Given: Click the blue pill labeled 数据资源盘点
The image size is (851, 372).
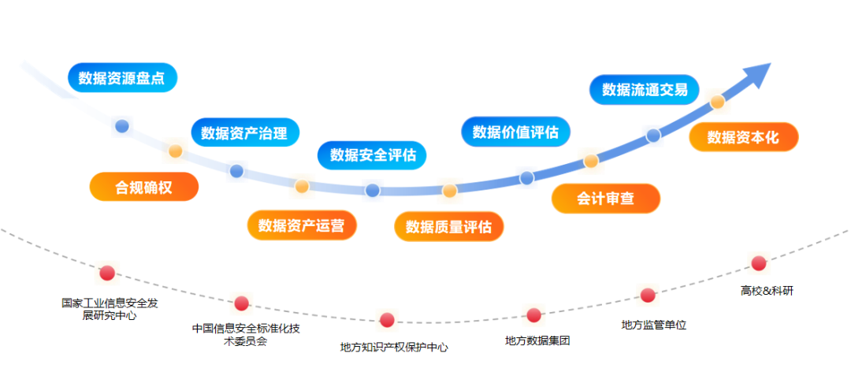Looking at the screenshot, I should (x=122, y=78).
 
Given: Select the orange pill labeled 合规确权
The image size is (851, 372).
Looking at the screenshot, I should (x=143, y=187).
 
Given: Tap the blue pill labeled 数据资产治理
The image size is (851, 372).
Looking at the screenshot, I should (x=244, y=132).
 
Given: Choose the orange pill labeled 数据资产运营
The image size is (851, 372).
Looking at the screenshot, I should (x=301, y=226).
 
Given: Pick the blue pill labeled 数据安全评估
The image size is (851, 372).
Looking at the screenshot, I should (x=372, y=154).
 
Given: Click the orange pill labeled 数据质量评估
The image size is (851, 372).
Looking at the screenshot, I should (x=448, y=227).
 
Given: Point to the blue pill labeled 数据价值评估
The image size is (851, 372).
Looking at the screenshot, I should (x=515, y=132).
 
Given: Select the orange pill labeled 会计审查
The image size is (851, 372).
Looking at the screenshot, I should (x=605, y=199).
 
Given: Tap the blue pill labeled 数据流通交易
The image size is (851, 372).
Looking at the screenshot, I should (x=645, y=90).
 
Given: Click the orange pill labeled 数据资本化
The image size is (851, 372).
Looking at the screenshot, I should (x=743, y=137).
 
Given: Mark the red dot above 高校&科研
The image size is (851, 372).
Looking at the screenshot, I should (x=759, y=263).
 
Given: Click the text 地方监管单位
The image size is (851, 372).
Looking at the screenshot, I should (x=653, y=324).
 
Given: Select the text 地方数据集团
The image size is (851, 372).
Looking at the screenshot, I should (x=537, y=340).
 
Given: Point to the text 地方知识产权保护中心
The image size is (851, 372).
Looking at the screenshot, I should (x=393, y=347).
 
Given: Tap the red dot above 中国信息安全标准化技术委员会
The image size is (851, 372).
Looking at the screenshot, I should (x=242, y=303).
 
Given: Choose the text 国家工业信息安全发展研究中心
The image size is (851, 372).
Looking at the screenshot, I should (x=110, y=309).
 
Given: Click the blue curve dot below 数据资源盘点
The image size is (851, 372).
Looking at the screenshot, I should (x=121, y=125).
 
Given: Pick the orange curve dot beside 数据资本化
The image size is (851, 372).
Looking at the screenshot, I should (x=717, y=102).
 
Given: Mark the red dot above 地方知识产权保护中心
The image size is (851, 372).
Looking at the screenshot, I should (x=387, y=320).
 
